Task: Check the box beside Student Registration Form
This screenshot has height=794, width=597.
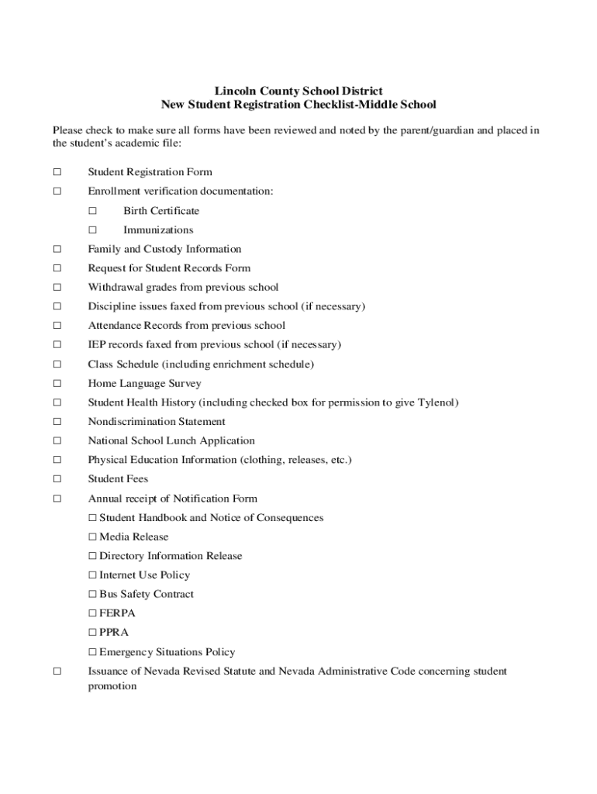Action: coord(57,172)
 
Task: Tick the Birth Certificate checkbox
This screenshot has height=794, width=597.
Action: coord(92,211)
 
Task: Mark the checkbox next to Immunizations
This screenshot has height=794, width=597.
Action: coord(92,230)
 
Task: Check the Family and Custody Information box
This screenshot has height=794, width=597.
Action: coord(57,250)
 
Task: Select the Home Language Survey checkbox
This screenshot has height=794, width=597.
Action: coord(57,384)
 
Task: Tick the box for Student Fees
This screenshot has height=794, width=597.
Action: coord(57,479)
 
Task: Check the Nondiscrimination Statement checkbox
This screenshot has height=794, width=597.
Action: coord(57,422)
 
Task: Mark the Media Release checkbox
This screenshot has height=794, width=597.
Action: coord(92,537)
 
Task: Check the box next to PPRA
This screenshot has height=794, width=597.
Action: coord(92,633)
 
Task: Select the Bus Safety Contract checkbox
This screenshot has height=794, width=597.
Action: coord(92,595)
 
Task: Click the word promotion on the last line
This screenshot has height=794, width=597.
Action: coord(112,686)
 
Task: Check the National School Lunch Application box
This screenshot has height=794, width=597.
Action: coord(57,441)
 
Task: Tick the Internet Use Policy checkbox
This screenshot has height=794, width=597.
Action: coord(92,575)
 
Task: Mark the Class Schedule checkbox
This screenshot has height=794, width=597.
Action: coord(57,364)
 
